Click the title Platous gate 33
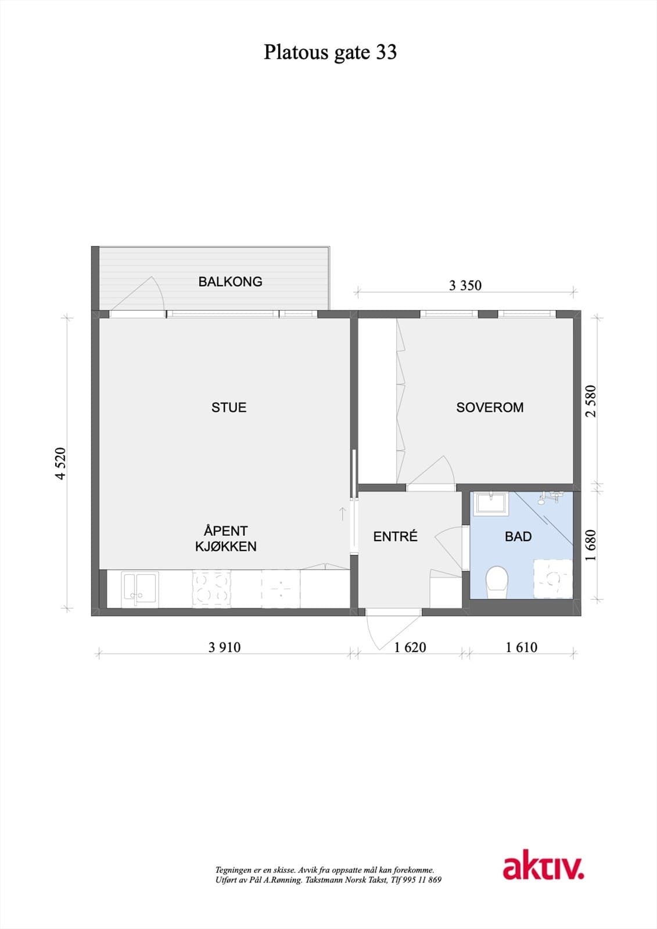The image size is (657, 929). point(330,53)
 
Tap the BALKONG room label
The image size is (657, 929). point(231,282)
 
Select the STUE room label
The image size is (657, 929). point(229,407)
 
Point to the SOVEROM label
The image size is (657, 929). point(490,407)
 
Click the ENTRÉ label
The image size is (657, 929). point(395,536)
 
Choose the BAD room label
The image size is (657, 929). point(518,536)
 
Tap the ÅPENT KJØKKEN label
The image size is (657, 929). point(226,538)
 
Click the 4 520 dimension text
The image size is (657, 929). point(60,464)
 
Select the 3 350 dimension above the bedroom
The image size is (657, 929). point(465,285)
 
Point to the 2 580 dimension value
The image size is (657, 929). point(591,401)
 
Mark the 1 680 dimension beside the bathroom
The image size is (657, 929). point(591,545)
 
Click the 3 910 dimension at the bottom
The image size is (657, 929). point(224,647)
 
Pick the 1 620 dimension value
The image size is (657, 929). point(410,647)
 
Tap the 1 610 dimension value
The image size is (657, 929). point(521,647)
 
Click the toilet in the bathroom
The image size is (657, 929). point(497,582)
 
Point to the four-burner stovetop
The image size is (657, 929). point(211,589)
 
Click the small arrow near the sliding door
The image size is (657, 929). point(343,513)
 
